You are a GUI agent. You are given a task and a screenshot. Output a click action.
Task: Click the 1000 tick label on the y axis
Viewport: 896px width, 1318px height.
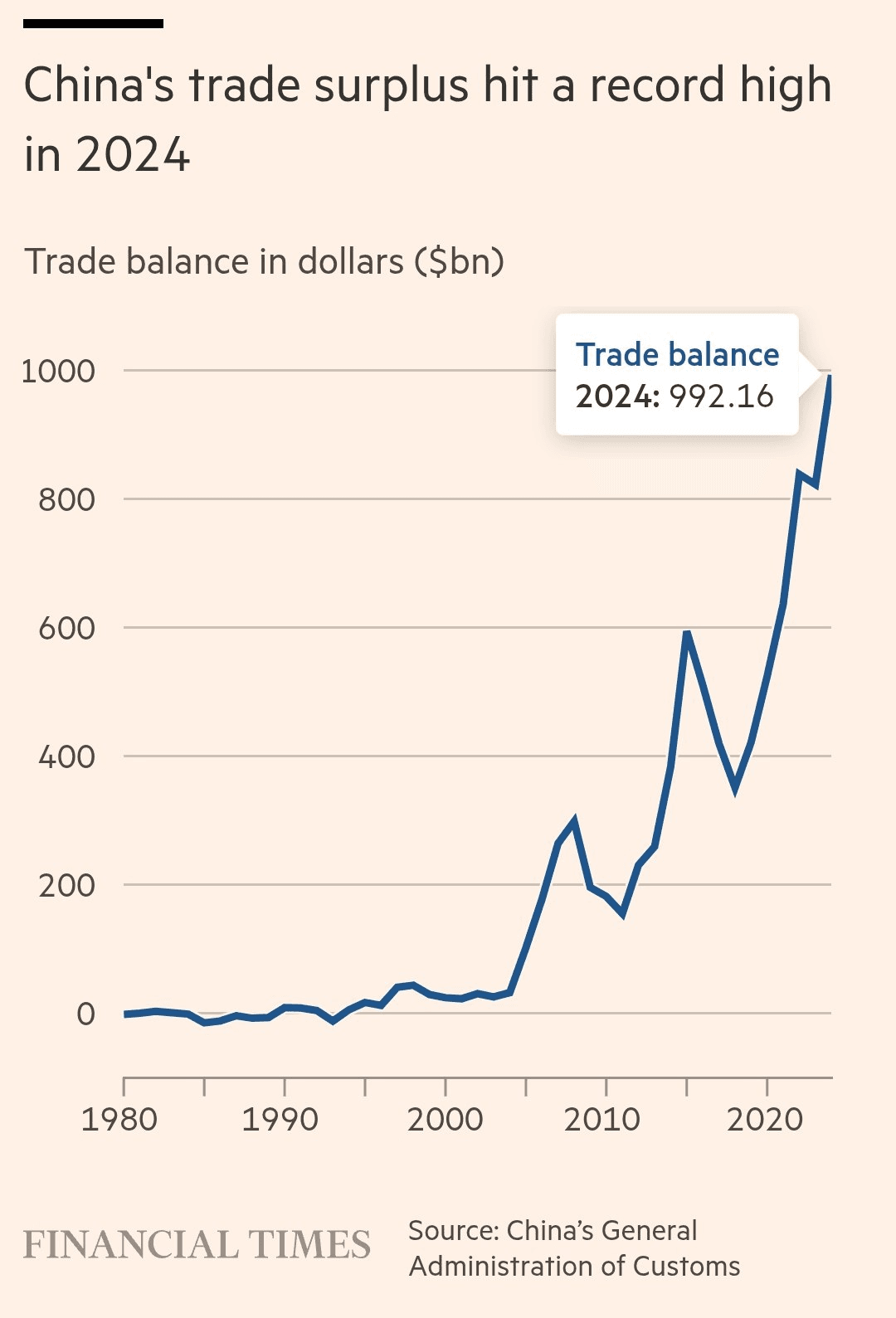(58, 371)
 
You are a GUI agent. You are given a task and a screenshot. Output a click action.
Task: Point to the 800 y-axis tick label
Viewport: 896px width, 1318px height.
(66, 499)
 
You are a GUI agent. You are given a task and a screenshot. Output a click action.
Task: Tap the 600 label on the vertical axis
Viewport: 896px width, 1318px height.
(66, 628)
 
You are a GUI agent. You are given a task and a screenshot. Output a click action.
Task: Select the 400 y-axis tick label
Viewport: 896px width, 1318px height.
(66, 756)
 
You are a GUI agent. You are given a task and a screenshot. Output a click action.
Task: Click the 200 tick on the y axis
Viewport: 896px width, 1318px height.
(66, 885)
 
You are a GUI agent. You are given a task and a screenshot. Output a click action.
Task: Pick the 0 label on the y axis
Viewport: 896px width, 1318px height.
(85, 1014)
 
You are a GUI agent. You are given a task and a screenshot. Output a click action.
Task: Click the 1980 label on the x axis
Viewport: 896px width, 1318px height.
(119, 1120)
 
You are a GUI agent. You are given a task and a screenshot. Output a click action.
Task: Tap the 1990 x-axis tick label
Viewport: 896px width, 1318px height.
(280, 1120)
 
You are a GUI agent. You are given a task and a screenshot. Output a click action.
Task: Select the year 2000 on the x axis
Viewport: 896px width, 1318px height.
(445, 1120)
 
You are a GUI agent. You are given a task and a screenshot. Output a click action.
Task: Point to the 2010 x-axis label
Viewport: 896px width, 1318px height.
(602, 1120)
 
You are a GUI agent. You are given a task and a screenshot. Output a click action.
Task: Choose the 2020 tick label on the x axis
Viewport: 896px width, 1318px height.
(765, 1120)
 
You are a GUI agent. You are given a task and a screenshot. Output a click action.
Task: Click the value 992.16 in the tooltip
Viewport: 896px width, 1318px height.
(722, 396)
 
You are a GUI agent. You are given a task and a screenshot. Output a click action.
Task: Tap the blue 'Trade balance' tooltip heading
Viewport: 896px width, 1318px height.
(677, 355)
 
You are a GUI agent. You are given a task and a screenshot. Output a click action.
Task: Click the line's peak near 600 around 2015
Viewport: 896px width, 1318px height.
(687, 634)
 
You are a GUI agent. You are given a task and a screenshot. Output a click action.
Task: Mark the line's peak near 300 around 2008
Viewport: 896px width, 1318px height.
(573, 821)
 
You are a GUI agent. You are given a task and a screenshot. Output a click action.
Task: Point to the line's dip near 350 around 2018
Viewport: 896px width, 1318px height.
(735, 788)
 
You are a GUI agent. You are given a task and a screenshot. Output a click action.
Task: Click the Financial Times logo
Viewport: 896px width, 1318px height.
(197, 1245)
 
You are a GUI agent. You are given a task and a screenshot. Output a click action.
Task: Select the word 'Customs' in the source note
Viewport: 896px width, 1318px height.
(686, 1267)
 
